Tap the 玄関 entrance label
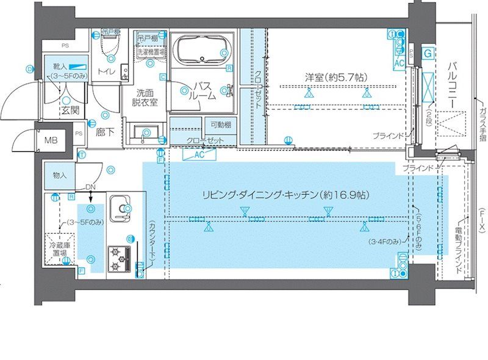[70, 111]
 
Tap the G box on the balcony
[428, 54]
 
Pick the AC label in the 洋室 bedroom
[400, 63]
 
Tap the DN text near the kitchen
[90, 187]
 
